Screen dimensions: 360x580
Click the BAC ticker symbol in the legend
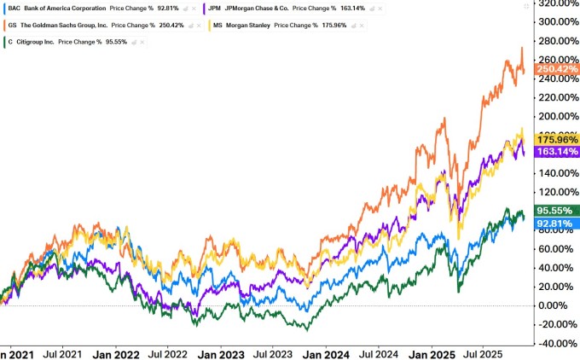coord(14,8)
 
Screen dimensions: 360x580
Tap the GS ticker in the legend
coord(12,24)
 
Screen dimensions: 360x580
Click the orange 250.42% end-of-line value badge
coord(555,69)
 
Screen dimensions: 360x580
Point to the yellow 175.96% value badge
coord(555,139)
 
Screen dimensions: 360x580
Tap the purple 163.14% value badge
coord(555,151)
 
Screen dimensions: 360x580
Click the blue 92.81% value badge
coord(557,224)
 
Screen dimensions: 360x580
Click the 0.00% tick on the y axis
coord(559,305)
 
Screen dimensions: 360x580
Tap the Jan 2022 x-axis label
coord(117,352)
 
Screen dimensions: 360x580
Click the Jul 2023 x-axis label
coord(274,352)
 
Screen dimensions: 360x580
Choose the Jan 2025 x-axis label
coord(432,352)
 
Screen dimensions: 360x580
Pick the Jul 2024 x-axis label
coord(379,352)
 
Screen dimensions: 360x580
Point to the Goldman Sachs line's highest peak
coord(522,48)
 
